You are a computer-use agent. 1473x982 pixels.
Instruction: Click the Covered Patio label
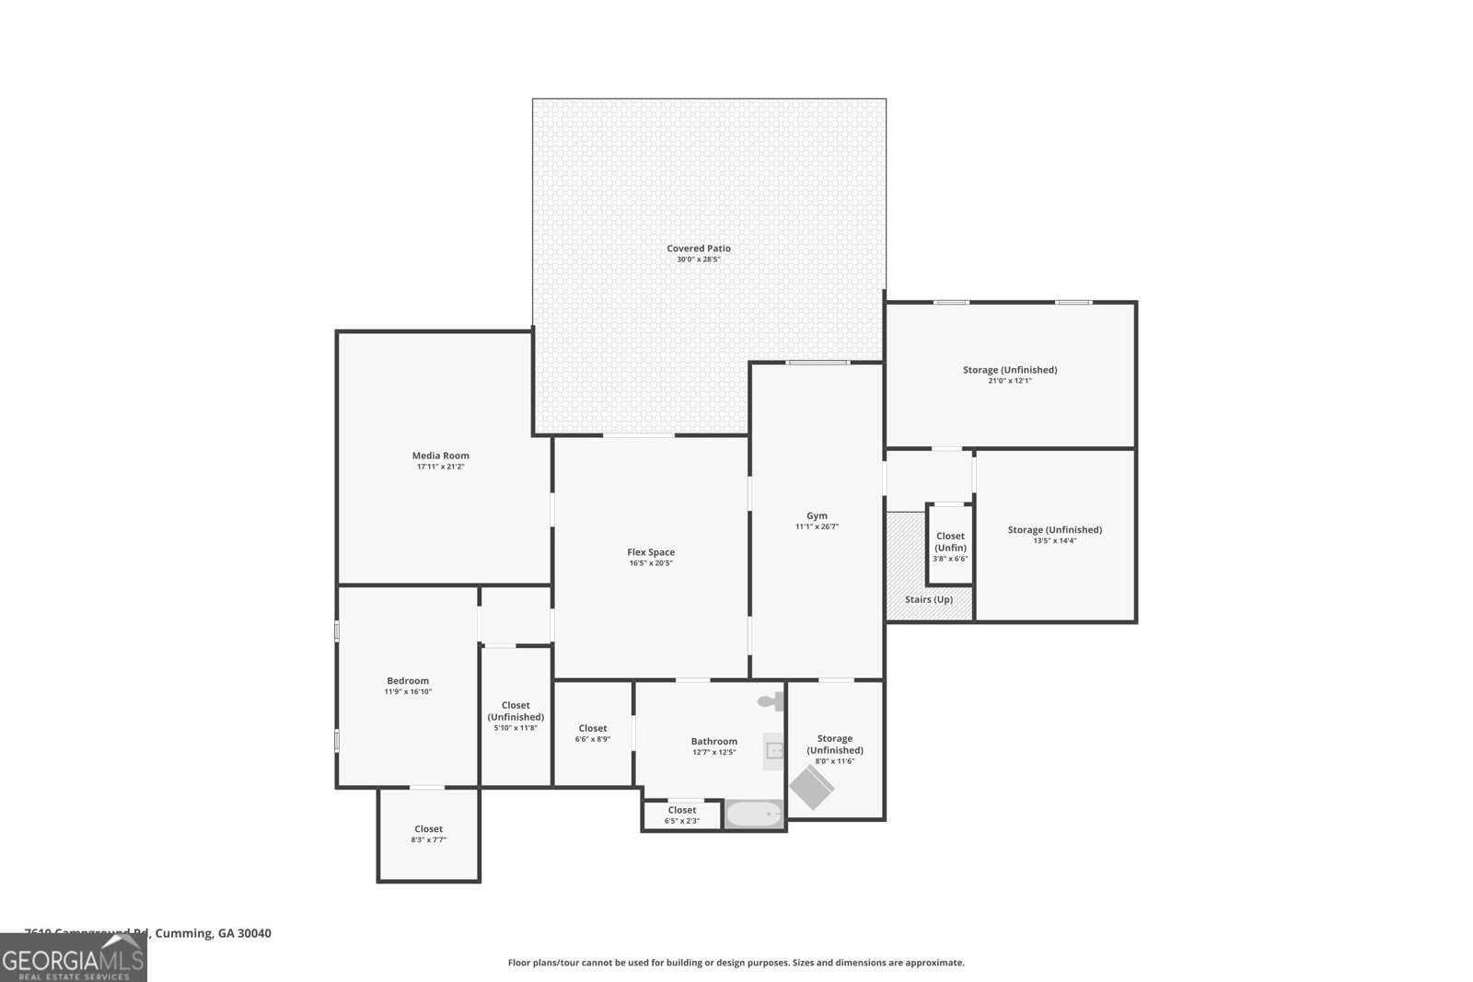699,248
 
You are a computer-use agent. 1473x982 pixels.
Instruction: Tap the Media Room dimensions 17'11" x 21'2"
440,467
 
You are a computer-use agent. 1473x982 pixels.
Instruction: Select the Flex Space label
651,552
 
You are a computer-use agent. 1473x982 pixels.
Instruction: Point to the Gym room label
817,515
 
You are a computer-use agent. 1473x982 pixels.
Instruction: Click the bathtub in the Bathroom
754,814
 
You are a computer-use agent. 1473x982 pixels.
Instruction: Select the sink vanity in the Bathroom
774,750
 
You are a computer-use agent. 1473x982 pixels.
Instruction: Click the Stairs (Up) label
929,599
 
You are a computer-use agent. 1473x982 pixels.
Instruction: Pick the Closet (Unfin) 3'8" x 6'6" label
950,547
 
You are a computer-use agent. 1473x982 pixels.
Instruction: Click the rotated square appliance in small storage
811,787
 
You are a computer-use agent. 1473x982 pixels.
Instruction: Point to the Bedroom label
408,681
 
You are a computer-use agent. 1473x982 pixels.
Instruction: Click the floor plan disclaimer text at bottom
736,963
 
